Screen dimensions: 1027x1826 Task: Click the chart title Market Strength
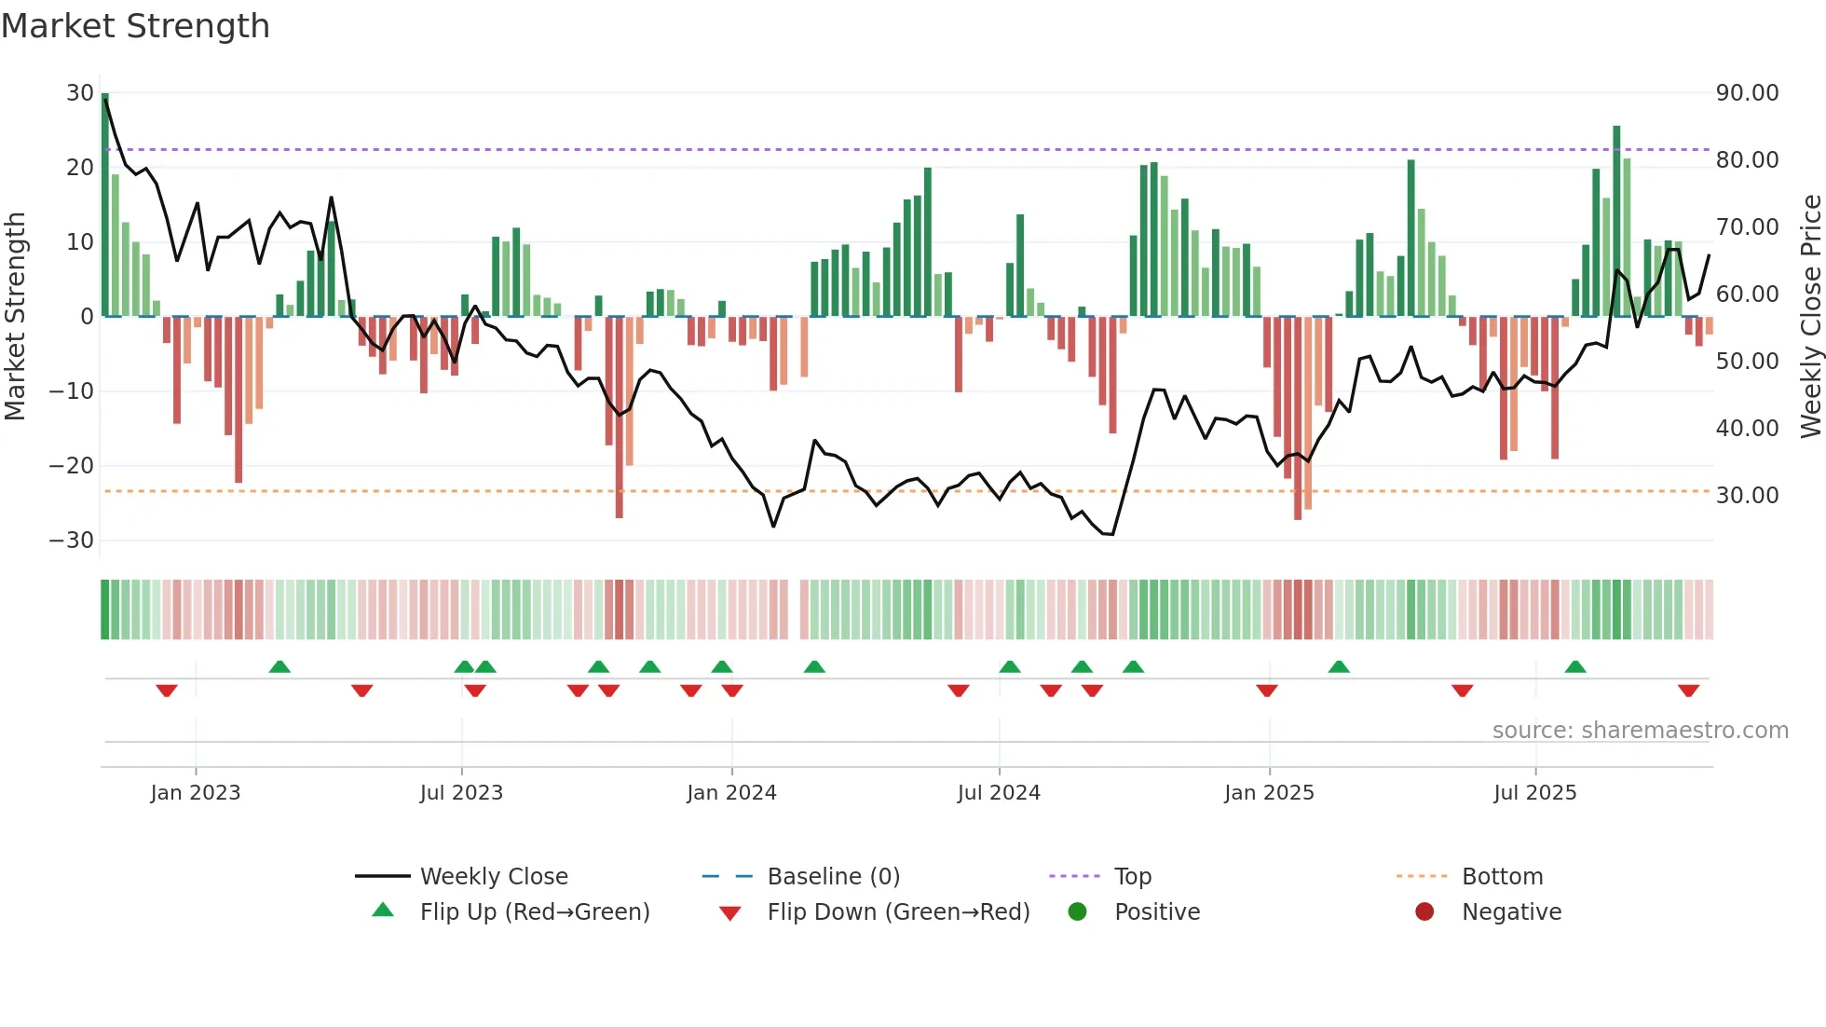pyautogui.click(x=135, y=26)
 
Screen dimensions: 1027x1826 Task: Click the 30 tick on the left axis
pyautogui.click(x=80, y=93)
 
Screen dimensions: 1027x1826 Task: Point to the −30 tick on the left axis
pyautogui.click(x=72, y=541)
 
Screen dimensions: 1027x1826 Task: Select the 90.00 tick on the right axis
pyautogui.click(x=1747, y=93)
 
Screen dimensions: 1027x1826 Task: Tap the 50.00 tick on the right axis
pyautogui.click(x=1747, y=362)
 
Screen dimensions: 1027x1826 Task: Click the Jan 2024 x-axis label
pyautogui.click(x=731, y=793)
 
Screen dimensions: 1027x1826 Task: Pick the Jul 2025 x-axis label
pyautogui.click(x=1534, y=793)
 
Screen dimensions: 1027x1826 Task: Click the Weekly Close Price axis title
pyautogui.click(x=1810, y=317)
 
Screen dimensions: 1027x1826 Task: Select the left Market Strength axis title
pyautogui.click(x=15, y=317)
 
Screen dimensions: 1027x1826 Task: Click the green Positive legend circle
pyautogui.click(x=1078, y=912)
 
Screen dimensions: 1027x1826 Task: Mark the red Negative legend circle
pyautogui.click(x=1424, y=912)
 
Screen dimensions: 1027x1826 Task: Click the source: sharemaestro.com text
pyautogui.click(x=1640, y=731)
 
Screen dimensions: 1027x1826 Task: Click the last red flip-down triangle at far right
pyautogui.click(x=1688, y=691)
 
